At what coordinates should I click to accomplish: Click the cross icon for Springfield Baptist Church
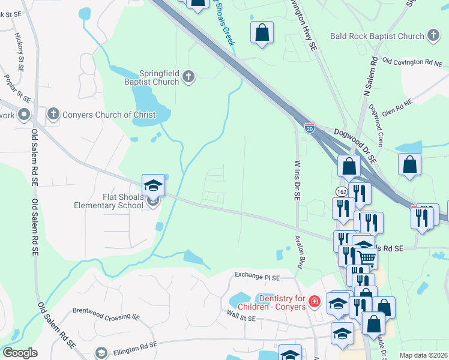[188, 76]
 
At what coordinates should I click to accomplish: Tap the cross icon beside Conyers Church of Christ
[53, 114]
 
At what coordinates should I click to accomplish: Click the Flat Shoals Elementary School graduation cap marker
[153, 185]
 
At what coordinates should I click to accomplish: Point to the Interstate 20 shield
[309, 128]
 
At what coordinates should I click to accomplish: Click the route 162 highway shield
[342, 191]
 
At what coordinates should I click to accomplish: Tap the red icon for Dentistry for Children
[313, 300]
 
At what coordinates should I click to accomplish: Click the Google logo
[20, 353]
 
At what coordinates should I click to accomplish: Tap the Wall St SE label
[243, 313]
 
